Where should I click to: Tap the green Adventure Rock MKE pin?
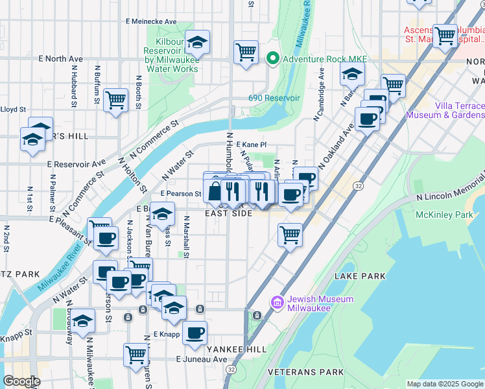(x=272, y=59)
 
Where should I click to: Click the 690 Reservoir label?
(x=274, y=99)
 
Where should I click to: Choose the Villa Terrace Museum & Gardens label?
(x=445, y=110)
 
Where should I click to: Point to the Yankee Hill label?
(x=237, y=349)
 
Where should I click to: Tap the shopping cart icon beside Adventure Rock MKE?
(x=246, y=51)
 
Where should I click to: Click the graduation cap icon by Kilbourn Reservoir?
(x=197, y=43)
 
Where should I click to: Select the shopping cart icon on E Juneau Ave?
(x=136, y=355)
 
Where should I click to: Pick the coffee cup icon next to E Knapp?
(x=195, y=333)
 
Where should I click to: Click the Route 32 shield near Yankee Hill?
(x=231, y=368)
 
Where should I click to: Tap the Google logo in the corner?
(x=22, y=381)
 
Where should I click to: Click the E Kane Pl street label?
(x=252, y=145)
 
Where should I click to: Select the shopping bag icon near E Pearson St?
(x=215, y=191)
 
